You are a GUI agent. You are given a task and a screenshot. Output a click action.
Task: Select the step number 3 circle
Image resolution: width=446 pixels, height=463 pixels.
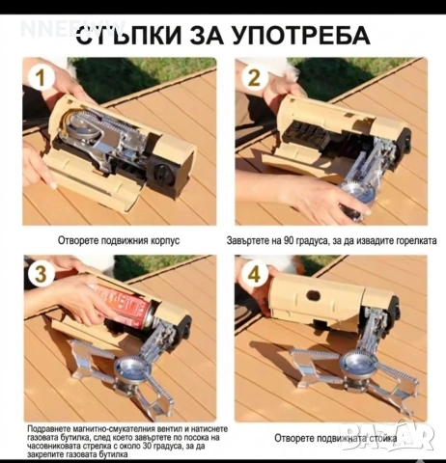40,274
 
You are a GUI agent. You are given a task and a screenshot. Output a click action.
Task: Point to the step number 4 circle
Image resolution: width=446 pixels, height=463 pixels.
255,274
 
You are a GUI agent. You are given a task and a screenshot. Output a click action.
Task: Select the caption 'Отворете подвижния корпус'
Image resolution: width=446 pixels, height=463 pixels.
121,240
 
